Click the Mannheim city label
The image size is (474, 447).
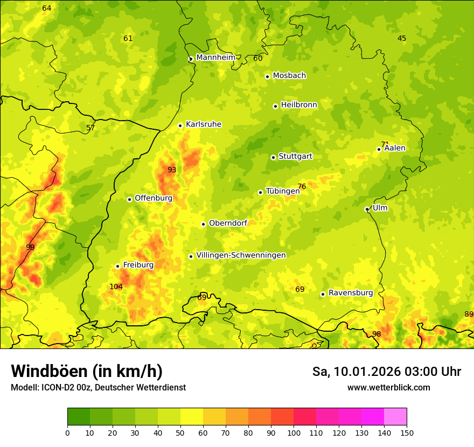tap(215, 58)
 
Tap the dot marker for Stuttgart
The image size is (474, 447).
tap(273, 157)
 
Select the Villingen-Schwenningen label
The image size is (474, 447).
tap(241, 255)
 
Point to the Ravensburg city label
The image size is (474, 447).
tap(351, 293)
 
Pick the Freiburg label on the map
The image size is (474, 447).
tap(138, 265)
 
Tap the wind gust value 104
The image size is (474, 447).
tap(116, 287)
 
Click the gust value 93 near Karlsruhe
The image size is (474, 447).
tap(171, 170)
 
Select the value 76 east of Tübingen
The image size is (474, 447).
tap(302, 186)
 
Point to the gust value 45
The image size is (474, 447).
tap(402, 38)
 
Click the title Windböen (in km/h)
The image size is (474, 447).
tap(87, 371)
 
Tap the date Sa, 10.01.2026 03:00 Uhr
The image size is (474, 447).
tap(386, 372)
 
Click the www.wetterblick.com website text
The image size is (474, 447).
tap(388, 387)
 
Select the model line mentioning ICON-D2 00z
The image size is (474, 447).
tap(98, 387)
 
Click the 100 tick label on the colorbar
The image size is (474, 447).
tap(294, 432)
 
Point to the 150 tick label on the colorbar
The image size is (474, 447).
tap(407, 432)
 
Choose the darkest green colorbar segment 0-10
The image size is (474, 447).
tap(79, 417)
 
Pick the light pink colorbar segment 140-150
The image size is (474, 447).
tap(395, 417)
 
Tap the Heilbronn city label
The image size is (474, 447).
tap(299, 105)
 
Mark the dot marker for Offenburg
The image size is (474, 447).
tap(129, 199)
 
